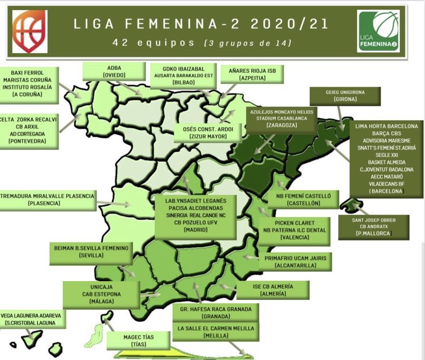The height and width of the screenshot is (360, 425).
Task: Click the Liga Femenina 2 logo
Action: click(x=378, y=31)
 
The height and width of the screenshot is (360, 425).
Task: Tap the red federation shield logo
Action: click(x=30, y=31)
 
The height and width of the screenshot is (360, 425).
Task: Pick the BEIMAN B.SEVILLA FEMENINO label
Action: click(x=91, y=251)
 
